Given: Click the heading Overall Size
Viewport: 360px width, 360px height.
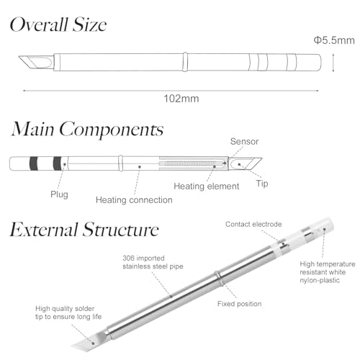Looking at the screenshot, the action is [x=58, y=24].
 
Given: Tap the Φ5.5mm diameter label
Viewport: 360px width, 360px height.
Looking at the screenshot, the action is [x=334, y=40].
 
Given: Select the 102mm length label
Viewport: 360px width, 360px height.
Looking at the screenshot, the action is [x=181, y=99].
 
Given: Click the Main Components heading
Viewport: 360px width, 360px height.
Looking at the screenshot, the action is [x=87, y=129].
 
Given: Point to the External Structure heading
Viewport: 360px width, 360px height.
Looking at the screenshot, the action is [x=84, y=230].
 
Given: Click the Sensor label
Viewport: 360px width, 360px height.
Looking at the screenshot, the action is [x=244, y=141].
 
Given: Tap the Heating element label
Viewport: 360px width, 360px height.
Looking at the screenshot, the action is [x=207, y=186].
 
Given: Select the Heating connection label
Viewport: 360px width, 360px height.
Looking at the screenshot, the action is [x=134, y=200].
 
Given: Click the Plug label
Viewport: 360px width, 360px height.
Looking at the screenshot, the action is [x=59, y=194].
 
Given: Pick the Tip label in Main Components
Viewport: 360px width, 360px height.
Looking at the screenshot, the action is [x=262, y=184].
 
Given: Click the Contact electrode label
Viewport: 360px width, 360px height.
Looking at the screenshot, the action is [x=253, y=224].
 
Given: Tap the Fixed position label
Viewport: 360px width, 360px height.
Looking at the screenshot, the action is [x=239, y=304].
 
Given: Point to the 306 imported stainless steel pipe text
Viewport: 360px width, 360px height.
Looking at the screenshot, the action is [x=153, y=262].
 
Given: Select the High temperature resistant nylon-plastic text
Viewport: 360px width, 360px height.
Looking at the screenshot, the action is [x=328, y=272].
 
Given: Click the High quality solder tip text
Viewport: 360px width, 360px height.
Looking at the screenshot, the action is [x=68, y=312].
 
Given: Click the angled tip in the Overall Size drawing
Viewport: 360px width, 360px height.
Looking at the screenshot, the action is [x=35, y=62].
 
